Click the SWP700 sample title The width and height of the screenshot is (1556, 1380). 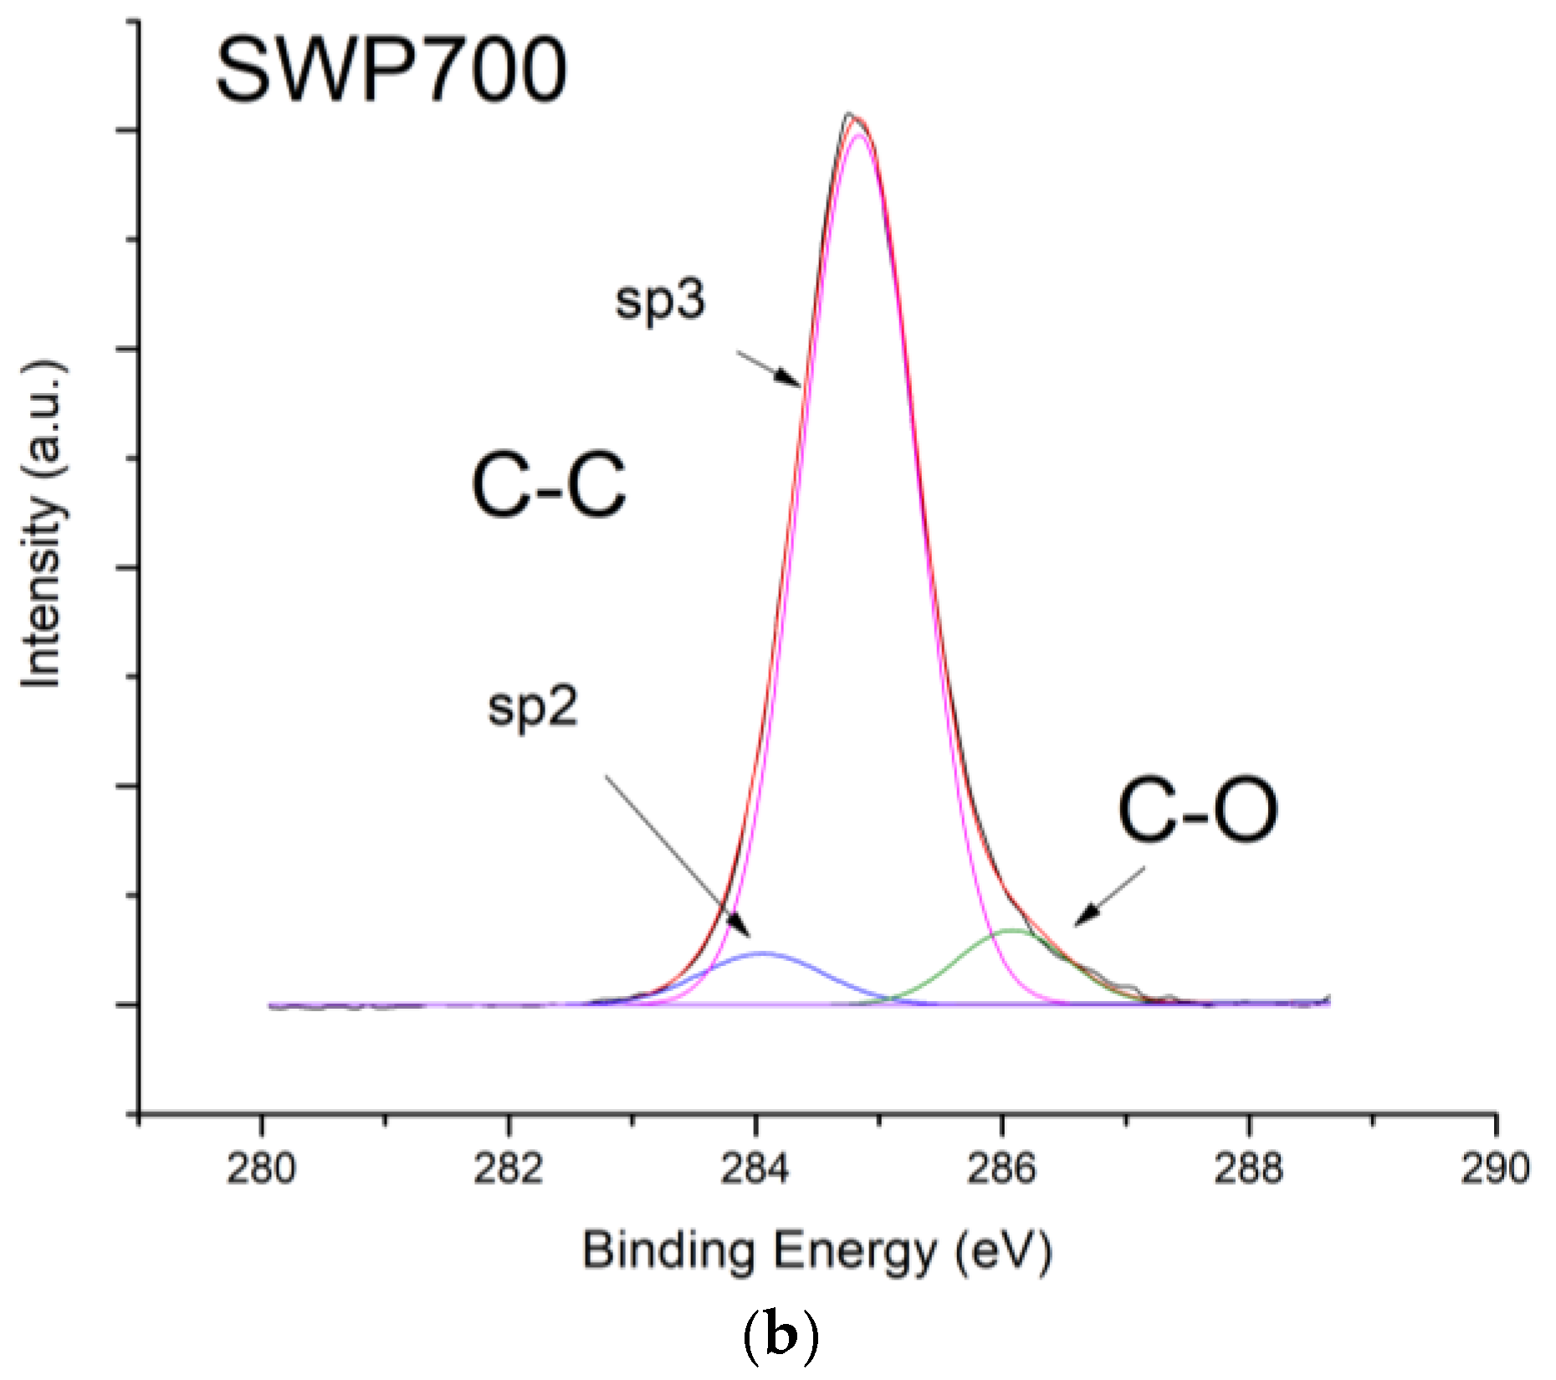click(391, 72)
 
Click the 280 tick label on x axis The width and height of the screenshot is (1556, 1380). click(261, 1168)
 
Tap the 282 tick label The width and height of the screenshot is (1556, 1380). click(508, 1168)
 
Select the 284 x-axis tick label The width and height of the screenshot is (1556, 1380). click(755, 1168)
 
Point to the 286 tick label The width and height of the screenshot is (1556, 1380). click(1001, 1168)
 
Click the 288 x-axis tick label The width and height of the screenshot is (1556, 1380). click(1248, 1168)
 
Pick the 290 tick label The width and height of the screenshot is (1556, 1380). click(1495, 1168)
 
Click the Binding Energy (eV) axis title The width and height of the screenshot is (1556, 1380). click(816, 1252)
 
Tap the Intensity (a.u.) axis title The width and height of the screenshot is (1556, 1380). click(42, 525)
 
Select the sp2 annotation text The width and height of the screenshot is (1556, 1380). click(533, 707)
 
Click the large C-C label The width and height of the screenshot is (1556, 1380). click(548, 485)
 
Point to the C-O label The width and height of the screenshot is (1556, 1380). click(1197, 810)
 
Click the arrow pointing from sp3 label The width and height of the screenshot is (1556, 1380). click(768, 369)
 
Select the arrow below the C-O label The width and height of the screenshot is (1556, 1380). click(1109, 897)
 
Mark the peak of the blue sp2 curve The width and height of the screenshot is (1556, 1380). click(760, 953)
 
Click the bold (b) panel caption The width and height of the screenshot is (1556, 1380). click(780, 1337)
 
